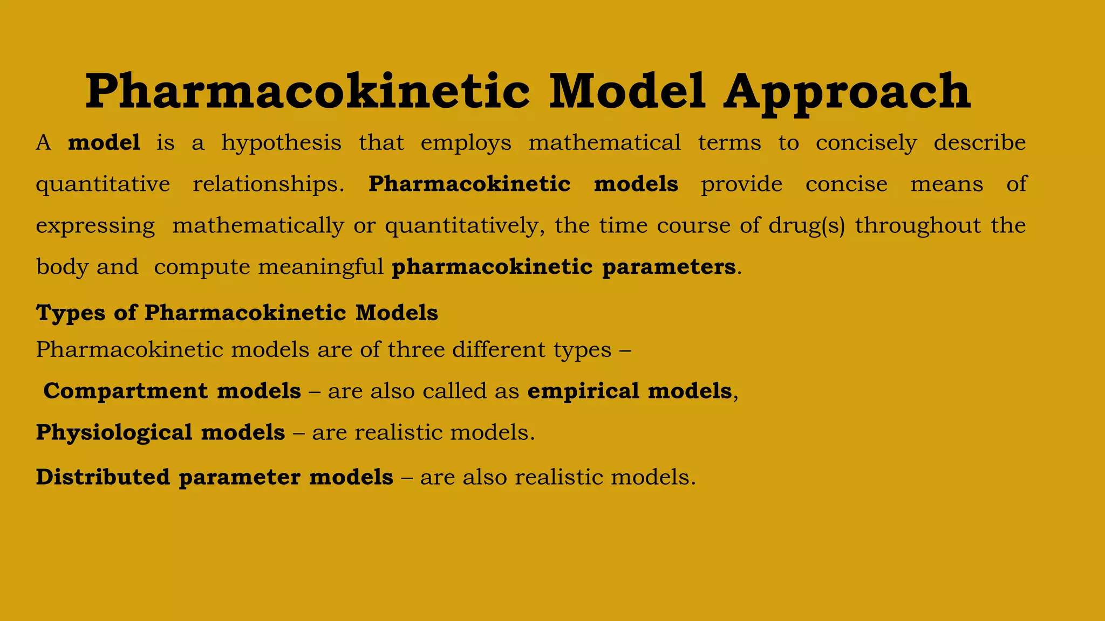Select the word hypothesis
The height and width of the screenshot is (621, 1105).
tap(281, 143)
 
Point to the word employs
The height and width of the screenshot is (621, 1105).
tap(466, 143)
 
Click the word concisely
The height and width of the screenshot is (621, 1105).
tap(866, 143)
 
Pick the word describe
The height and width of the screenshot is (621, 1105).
tap(979, 143)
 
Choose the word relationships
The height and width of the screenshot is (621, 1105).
tap(268, 184)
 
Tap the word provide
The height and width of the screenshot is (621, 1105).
tap(741, 185)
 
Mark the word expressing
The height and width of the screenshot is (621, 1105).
tap(96, 226)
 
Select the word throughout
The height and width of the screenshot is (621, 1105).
tap(918, 225)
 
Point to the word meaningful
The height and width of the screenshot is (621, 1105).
tap(320, 267)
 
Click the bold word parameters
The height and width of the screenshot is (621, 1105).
tap(669, 267)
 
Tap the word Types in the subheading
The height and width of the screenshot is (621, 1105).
tap(70, 313)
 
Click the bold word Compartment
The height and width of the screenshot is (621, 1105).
tap(125, 391)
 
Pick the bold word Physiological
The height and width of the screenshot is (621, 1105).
tap(114, 433)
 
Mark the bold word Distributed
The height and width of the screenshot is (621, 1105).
tap(103, 477)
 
